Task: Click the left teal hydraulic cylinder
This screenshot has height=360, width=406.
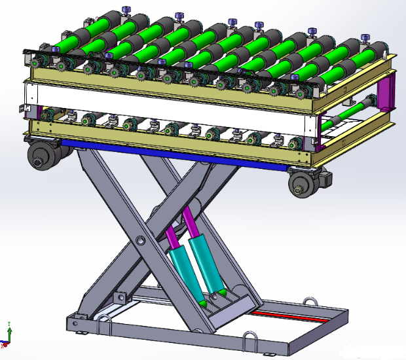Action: point(185,271)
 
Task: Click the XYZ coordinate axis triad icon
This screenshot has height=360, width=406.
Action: point(7,334)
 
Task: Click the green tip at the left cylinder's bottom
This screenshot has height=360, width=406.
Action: point(204,303)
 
